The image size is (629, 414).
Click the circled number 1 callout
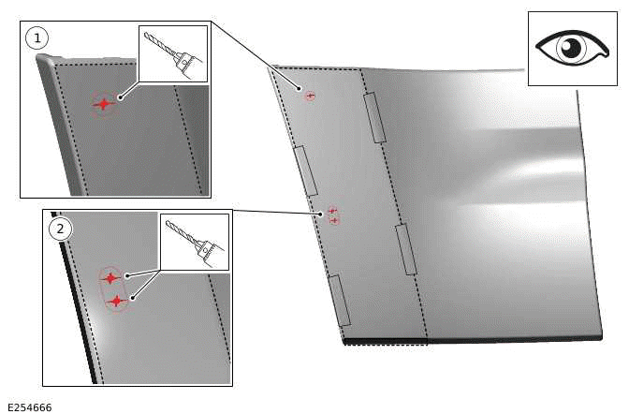[37, 38]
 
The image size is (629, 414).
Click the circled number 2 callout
[59, 228]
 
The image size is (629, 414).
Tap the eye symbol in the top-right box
[571, 48]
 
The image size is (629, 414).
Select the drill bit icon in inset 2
[195, 242]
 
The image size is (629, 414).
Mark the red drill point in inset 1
[103, 104]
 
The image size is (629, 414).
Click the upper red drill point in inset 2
[110, 277]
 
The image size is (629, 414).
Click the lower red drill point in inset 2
[115, 301]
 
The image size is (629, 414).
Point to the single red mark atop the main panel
[311, 95]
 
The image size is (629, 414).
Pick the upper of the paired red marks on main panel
[332, 211]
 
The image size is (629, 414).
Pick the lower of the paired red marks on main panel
[334, 220]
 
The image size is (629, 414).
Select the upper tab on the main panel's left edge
[306, 170]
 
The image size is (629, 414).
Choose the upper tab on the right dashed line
[374, 117]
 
